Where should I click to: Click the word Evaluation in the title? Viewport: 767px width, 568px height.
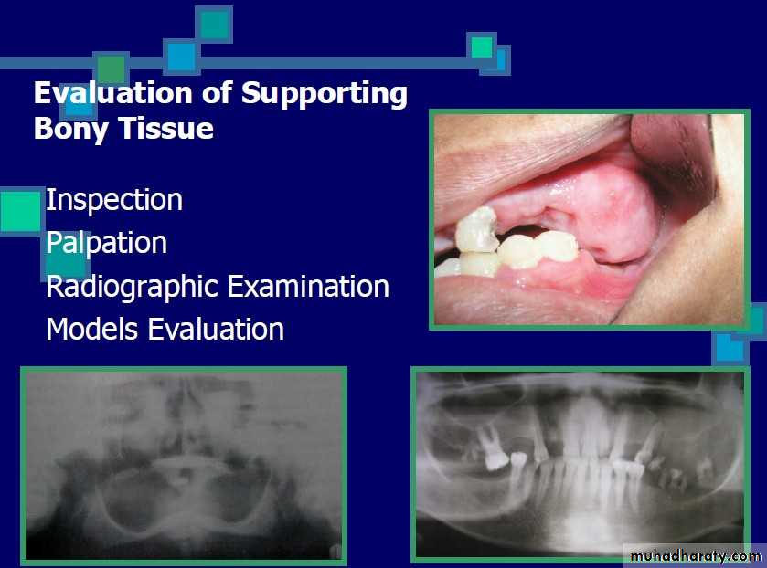click(113, 93)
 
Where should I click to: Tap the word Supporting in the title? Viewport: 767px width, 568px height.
click(325, 94)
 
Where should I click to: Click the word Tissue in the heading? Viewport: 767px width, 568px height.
click(166, 128)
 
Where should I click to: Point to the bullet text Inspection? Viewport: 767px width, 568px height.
click(114, 200)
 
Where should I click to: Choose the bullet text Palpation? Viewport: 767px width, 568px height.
click(107, 243)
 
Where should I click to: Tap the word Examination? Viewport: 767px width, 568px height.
click(308, 286)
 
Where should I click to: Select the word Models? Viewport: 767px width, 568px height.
click(92, 329)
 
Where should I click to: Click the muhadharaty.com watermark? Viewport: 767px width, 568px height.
click(696, 556)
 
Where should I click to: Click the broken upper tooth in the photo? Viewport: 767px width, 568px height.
click(476, 230)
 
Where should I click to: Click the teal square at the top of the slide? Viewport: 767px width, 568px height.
click(214, 25)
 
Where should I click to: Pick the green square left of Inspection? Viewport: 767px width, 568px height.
click(21, 211)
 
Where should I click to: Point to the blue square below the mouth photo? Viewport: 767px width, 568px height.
click(730, 348)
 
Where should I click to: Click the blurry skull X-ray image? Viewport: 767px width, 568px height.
click(184, 466)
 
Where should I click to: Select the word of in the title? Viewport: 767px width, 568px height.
click(218, 93)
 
